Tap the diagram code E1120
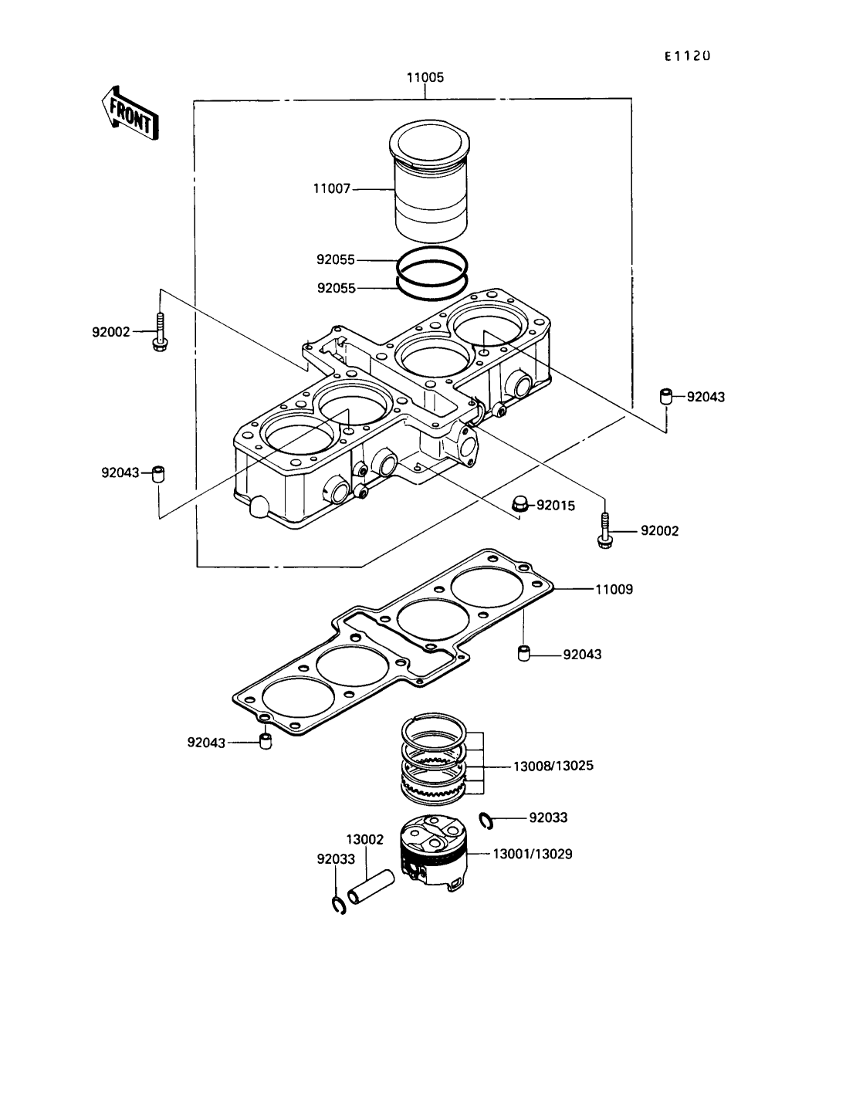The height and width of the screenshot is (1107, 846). point(687,56)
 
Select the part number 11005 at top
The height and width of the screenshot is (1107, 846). point(425,78)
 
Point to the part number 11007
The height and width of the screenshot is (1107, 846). point(332,188)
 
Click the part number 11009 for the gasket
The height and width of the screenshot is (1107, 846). point(614,589)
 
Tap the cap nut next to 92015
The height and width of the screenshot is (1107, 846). point(523,506)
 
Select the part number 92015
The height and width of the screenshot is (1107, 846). point(556,506)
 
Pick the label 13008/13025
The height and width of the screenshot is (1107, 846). point(553,767)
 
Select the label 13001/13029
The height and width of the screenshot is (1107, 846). point(533,855)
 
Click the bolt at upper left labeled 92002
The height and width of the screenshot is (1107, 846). point(161,333)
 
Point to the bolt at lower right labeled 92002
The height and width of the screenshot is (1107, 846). point(604,532)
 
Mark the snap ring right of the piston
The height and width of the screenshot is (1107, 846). point(486,821)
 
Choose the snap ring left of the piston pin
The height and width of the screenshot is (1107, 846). point(338,905)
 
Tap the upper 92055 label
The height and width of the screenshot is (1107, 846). point(336,260)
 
